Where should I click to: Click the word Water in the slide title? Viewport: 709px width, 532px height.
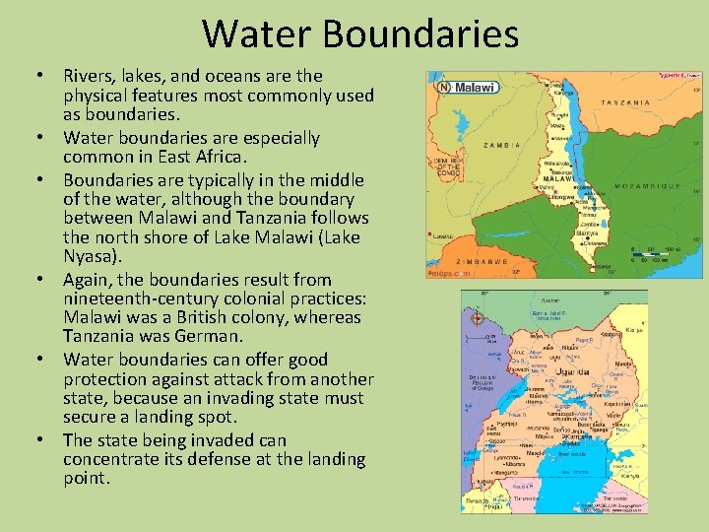[x=259, y=34]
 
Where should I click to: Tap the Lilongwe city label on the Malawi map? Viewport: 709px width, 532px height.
[x=562, y=198]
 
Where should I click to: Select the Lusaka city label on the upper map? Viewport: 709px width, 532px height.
[x=443, y=236]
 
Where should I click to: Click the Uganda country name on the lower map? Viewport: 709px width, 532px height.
[x=573, y=372]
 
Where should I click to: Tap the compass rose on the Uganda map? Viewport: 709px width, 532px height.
[x=477, y=318]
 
